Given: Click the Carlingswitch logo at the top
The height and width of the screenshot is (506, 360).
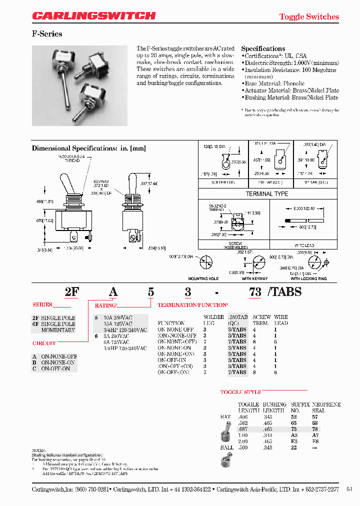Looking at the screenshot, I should tap(94, 16).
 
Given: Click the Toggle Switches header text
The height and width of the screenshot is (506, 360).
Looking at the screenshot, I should tap(308, 16).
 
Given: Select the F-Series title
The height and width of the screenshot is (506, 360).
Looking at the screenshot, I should tap(47, 34).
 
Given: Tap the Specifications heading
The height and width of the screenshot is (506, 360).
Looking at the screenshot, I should tap(263, 48).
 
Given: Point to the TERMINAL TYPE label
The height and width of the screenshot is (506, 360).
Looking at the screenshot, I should tap(266, 193).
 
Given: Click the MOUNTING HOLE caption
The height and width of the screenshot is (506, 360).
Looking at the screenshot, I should tap(203, 278).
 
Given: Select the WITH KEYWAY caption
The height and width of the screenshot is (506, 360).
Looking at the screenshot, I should tap(255, 278).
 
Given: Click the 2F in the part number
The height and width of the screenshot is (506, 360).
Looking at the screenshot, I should tap(72, 292).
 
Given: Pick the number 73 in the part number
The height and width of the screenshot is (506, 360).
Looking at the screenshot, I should tap(255, 292).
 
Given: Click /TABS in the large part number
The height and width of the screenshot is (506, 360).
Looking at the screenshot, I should tap(285, 292).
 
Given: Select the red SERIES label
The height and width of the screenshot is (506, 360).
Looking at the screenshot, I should tap(42, 304).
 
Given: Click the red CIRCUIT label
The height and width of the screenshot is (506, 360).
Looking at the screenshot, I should tap(44, 343).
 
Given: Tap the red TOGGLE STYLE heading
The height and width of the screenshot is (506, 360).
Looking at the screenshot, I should tap(241, 392).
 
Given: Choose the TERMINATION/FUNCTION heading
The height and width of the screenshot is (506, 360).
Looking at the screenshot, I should tap(192, 304).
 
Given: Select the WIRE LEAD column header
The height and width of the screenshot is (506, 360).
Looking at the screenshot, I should tap(281, 320).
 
